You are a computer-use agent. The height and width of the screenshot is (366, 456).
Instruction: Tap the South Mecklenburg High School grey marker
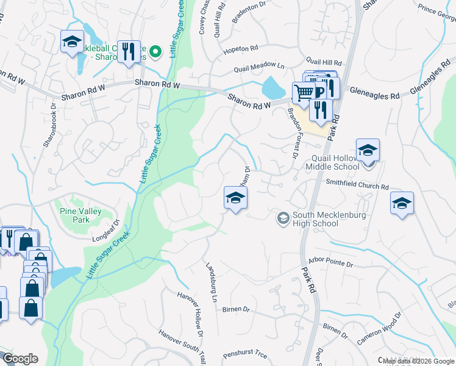283,218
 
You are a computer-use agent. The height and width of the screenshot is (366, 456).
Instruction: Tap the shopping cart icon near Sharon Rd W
302,93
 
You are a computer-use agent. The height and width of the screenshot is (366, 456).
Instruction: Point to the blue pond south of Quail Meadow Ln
273,89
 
